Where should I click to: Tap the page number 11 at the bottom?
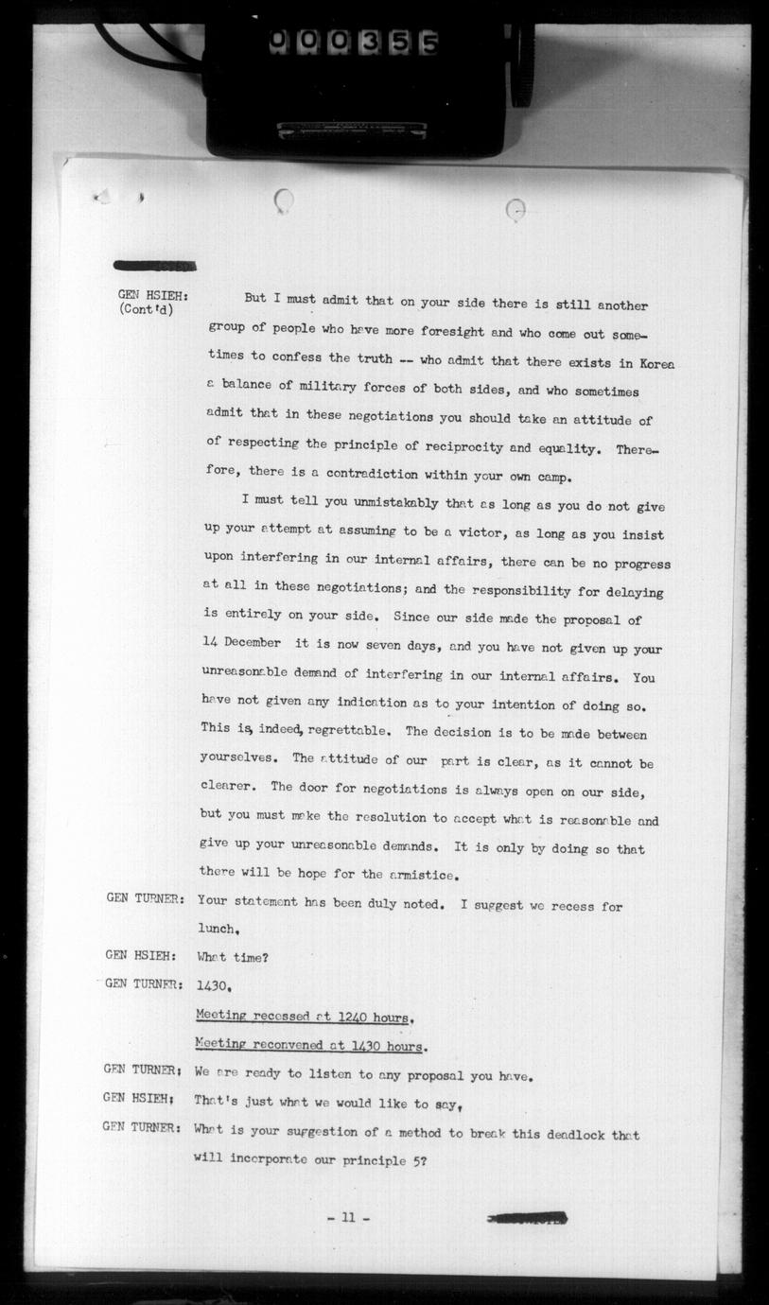pos(347,1218)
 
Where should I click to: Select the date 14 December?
pos(241,642)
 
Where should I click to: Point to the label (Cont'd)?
pos(147,309)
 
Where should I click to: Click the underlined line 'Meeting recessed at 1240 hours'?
pos(302,1017)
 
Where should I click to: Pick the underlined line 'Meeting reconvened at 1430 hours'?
pos(309,1046)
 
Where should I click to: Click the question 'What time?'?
pos(233,957)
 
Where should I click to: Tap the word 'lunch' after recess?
pos(216,930)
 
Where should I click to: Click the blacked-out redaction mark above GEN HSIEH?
pos(154,266)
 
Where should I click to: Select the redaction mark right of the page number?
pos(526,1218)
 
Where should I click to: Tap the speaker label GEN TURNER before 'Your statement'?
pos(144,899)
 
